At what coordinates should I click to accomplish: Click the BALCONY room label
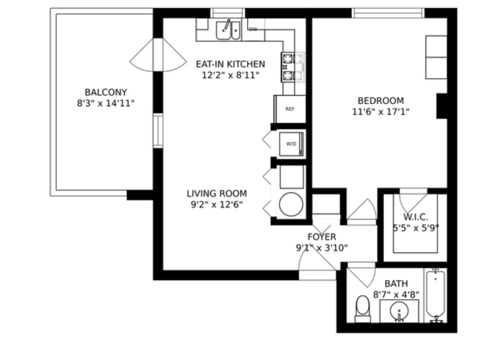(106, 92)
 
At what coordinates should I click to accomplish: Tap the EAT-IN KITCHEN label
(231, 64)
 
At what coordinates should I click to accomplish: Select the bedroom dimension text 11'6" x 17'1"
(381, 112)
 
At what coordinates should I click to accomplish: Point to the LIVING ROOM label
(217, 194)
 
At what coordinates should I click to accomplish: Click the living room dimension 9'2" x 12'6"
(217, 204)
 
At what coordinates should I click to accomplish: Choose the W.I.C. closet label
(416, 217)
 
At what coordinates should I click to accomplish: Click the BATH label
(396, 284)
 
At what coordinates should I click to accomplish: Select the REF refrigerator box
(290, 109)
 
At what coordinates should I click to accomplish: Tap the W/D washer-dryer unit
(291, 144)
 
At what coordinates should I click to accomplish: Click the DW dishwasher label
(253, 29)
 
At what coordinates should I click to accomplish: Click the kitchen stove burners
(293, 67)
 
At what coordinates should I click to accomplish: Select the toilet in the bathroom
(363, 309)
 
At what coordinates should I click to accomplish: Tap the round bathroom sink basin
(399, 311)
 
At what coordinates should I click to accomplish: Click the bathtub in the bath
(435, 297)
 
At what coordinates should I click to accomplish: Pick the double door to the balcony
(158, 55)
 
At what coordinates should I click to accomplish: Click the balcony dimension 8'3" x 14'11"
(106, 103)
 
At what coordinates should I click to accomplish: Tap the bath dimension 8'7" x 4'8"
(396, 295)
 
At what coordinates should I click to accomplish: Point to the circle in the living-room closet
(291, 204)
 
